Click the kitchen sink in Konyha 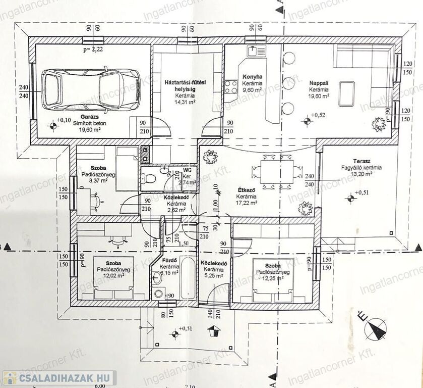253,51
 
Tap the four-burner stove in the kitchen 231,87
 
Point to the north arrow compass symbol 375,329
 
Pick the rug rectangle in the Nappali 346,93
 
